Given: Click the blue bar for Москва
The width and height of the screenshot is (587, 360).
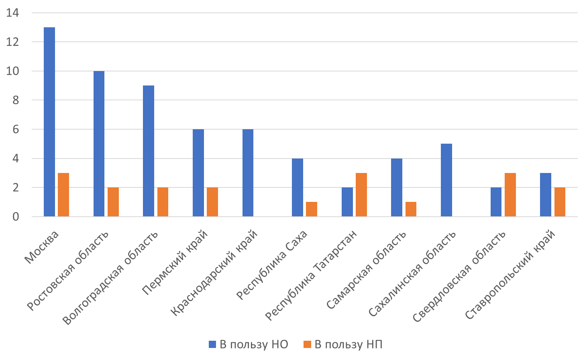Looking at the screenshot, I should (49, 122).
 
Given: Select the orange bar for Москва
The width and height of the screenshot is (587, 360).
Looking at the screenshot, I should (63, 195).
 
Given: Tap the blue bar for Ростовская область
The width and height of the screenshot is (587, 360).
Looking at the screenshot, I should (99, 144).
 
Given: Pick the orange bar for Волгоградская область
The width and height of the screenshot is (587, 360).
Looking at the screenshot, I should (163, 202).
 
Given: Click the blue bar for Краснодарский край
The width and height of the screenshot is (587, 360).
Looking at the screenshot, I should (248, 173).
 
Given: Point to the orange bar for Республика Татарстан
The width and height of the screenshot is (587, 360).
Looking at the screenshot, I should (361, 195).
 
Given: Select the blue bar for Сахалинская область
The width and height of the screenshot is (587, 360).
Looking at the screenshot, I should (446, 180).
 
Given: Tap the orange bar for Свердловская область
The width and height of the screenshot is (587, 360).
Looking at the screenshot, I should (510, 195).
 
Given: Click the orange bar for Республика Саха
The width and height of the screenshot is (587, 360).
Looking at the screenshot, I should (312, 209).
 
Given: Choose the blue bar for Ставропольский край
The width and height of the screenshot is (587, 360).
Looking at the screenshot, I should (546, 195).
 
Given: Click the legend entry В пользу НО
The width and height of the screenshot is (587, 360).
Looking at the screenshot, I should (249, 344).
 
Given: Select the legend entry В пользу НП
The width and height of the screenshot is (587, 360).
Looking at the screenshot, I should (343, 344).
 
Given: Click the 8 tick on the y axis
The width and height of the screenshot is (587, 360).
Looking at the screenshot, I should (16, 100).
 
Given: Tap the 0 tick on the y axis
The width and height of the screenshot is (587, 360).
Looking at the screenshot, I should (16, 217).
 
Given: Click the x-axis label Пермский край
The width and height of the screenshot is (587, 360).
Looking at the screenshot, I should (175, 262).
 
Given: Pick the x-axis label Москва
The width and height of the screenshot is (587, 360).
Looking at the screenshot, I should (42, 248).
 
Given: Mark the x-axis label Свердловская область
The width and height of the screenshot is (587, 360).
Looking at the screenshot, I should (459, 277).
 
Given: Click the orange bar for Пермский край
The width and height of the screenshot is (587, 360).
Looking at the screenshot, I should (212, 202).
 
